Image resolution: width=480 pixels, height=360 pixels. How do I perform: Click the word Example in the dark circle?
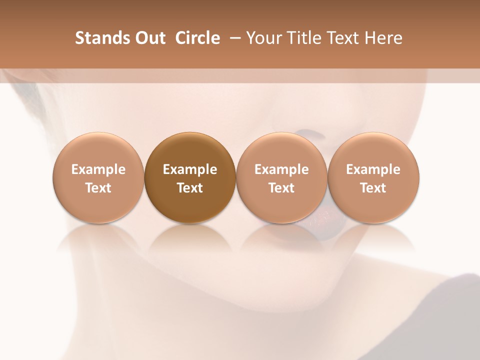[x=190, y=169]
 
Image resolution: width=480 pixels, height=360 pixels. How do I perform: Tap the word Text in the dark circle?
[x=190, y=188]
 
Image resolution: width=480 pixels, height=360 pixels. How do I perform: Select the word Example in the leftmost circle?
[x=98, y=169]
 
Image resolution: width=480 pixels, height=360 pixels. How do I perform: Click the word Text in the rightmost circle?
[x=373, y=188]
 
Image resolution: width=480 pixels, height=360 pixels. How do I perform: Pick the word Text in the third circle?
[x=281, y=188]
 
